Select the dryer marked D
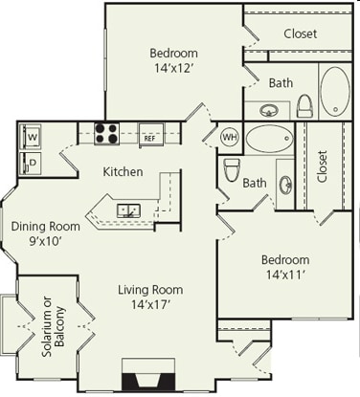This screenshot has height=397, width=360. click(x=32, y=162)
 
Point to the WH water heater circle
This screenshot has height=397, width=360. click(x=230, y=135)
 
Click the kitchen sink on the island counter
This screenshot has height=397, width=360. click(x=128, y=210)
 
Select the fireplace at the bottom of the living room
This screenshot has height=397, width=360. click(x=148, y=376)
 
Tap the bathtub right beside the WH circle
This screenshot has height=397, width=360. click(x=270, y=139)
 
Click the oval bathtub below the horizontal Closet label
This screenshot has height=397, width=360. click(x=334, y=91)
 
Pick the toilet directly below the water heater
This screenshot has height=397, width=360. click(x=231, y=170)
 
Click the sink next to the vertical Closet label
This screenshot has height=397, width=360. click(x=285, y=184)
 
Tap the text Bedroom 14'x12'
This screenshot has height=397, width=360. click(x=173, y=60)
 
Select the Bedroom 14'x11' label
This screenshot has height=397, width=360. click(x=285, y=267)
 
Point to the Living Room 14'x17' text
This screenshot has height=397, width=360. click(x=150, y=298)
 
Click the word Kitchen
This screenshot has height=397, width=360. click(x=124, y=172)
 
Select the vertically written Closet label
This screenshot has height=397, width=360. click(x=322, y=165)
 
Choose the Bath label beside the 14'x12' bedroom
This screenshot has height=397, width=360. click(x=281, y=83)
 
